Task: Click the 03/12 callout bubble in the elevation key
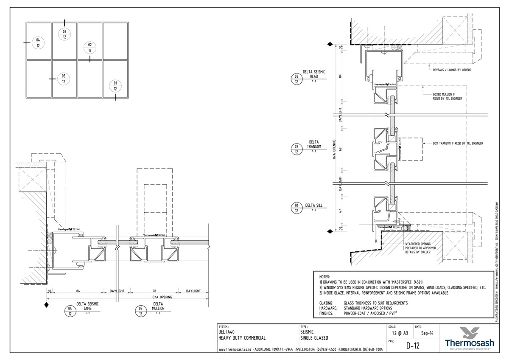[x=64, y=34]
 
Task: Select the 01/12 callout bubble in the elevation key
[x=115, y=85]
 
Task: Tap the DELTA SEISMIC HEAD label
[x=314, y=74]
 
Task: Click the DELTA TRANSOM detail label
[x=314, y=144]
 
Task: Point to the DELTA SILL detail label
[x=313, y=205]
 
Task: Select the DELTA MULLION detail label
[x=157, y=306]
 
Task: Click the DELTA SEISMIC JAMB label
[x=87, y=306]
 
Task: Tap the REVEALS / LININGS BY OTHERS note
[x=451, y=70]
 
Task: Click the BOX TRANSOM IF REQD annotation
[x=458, y=143]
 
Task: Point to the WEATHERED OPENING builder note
[x=417, y=248]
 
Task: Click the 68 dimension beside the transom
[x=341, y=149]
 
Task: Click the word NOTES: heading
[x=324, y=276]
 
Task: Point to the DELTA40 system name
[x=228, y=332]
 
